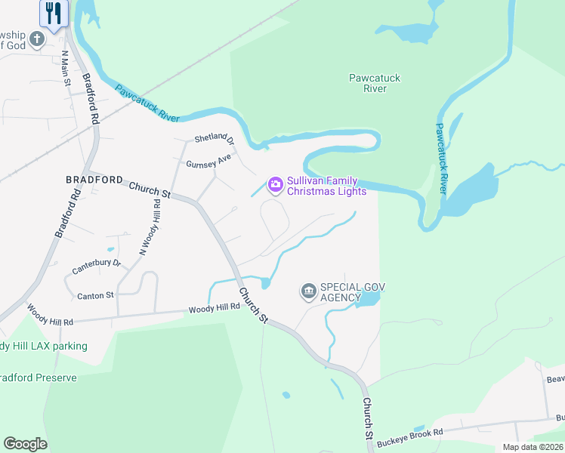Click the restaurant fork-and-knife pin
[x=54, y=14]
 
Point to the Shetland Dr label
[x=215, y=140]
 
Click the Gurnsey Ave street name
[x=208, y=162]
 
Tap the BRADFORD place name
[x=94, y=180]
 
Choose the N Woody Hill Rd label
[x=150, y=224]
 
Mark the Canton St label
[x=89, y=294]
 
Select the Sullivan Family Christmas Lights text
[x=326, y=186]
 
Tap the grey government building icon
[x=308, y=291]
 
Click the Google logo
[x=25, y=443]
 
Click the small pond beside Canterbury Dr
[x=111, y=248]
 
